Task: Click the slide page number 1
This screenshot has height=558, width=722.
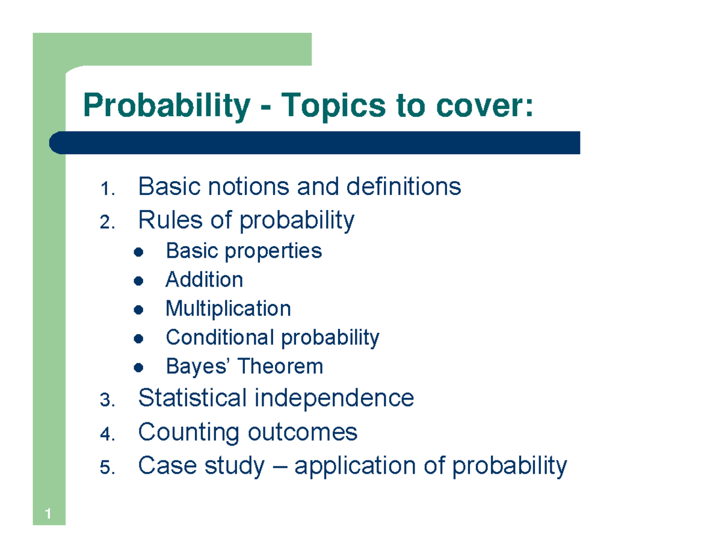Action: pos(47,514)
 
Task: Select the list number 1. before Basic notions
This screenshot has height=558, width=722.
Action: pos(107,190)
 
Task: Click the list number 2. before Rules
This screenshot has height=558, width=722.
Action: pos(107,223)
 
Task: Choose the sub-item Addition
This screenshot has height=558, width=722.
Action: pos(204,280)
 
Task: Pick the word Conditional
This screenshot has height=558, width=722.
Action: pos(221,338)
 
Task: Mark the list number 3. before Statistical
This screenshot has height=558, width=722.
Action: pos(107,401)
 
